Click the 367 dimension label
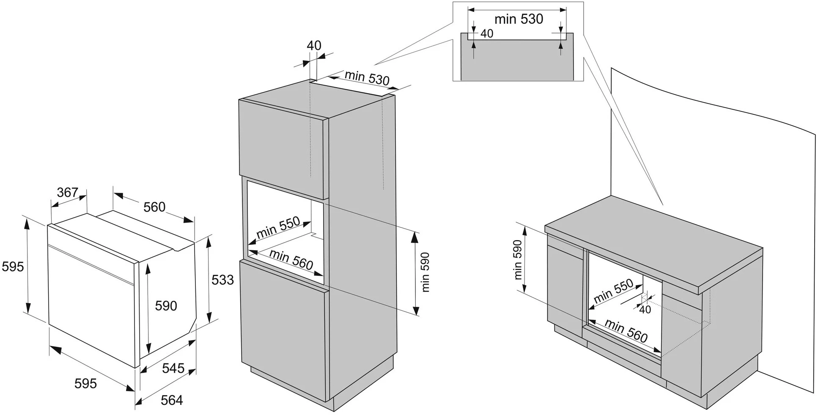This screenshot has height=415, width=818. click(68, 192)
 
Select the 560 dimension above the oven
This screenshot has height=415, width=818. click(154, 207)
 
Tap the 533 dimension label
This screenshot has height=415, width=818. click(222, 279)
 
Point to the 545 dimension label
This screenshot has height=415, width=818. click(173, 368)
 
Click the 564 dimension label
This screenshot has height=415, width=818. click(172, 400)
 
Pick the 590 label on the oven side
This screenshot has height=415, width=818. click(166, 305)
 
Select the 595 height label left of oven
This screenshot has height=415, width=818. click(13, 266)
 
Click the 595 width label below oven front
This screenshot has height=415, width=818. click(86, 383)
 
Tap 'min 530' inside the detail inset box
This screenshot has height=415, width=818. click(519, 19)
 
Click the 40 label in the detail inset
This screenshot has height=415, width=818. click(487, 33)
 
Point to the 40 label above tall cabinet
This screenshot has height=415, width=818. click(314, 45)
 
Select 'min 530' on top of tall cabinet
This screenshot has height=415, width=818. click(367, 77)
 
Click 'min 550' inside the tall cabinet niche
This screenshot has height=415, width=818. click(278, 227)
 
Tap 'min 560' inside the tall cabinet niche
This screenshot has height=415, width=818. click(291, 259)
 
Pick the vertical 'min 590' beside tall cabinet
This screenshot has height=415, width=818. click(425, 272)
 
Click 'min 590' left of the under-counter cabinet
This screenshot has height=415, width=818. click(518, 260)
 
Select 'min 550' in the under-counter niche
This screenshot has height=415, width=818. click(613, 291)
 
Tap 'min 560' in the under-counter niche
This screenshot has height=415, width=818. click(626, 331)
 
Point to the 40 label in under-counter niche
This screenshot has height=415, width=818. click(645, 310)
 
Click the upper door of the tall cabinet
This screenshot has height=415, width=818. click(283, 148)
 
